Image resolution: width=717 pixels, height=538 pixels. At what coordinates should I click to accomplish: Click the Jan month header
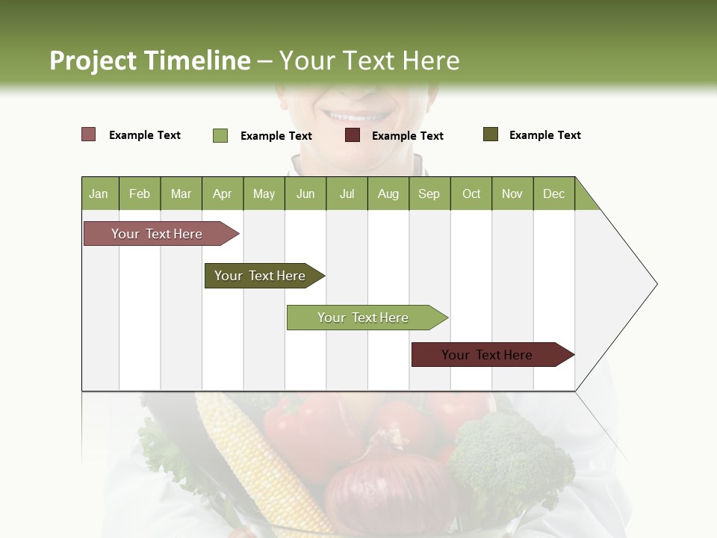pyautogui.click(x=99, y=194)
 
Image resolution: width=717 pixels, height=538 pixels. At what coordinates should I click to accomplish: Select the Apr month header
pyautogui.click(x=222, y=194)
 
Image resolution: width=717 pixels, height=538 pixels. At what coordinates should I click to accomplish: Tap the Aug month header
pyautogui.click(x=388, y=194)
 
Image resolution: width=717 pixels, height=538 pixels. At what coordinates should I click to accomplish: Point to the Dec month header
pyautogui.click(x=553, y=194)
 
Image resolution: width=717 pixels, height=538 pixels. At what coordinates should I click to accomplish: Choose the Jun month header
pyautogui.click(x=305, y=194)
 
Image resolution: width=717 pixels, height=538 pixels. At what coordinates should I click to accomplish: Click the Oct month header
pyautogui.click(x=471, y=194)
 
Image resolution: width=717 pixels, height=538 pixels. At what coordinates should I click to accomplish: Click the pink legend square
pyautogui.click(x=88, y=134)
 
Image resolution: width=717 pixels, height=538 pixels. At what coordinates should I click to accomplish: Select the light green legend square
pyautogui.click(x=220, y=135)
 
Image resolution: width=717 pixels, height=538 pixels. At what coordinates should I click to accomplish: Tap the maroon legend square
pyautogui.click(x=353, y=135)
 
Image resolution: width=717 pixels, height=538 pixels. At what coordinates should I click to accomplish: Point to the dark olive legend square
pyautogui.click(x=491, y=134)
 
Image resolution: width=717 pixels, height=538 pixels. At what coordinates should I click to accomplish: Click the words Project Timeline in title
pyautogui.click(x=150, y=61)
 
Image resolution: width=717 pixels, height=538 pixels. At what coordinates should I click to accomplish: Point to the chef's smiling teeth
pyautogui.click(x=357, y=117)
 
